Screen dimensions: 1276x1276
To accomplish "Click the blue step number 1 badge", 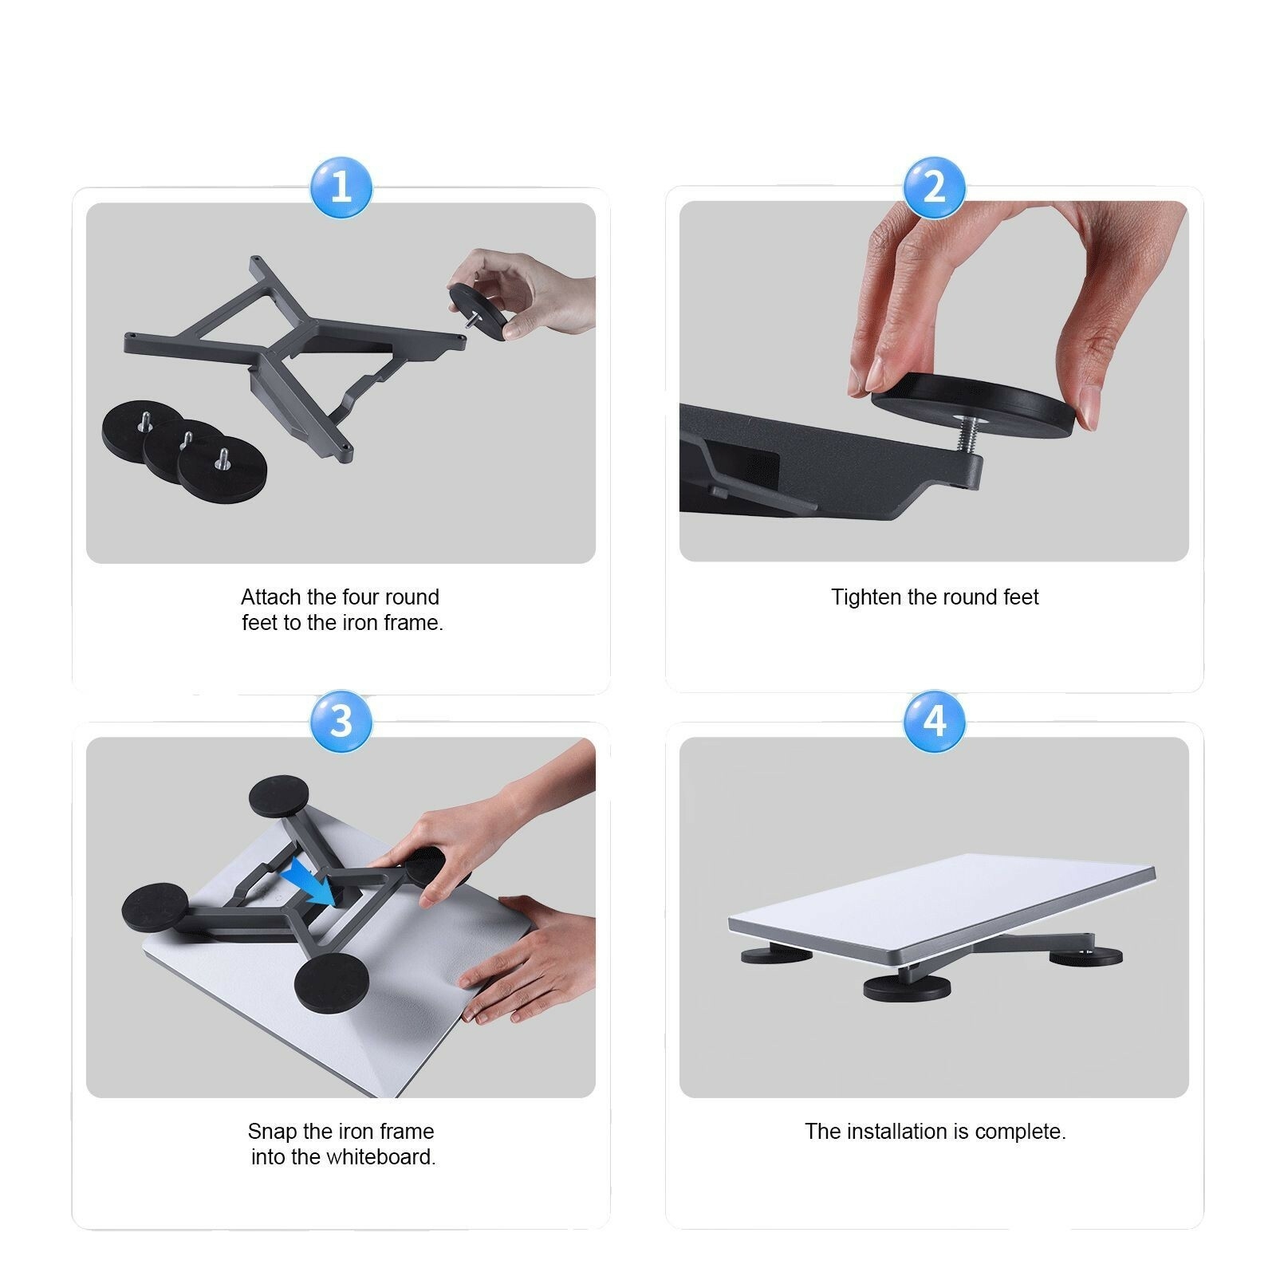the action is point(341,187).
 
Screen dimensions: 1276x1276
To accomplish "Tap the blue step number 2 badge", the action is point(934,187).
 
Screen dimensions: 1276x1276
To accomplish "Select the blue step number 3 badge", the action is point(341,721).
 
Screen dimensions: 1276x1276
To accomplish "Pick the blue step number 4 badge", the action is point(934,721).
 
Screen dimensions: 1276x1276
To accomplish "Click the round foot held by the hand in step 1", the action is point(478,311).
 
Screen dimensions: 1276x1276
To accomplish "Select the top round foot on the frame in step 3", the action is point(279,796).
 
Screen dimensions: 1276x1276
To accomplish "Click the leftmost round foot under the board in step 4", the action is point(775,954).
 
